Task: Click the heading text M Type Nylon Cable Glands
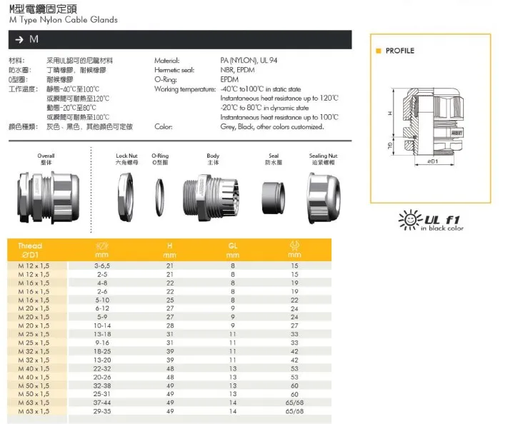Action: coord(64,20)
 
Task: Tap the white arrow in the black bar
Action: coord(19,39)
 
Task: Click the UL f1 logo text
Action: coord(440,219)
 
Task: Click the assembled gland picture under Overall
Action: coord(46,195)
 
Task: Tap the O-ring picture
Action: coord(160,193)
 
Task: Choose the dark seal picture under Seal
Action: coord(274,193)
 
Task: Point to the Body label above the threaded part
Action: coord(213,155)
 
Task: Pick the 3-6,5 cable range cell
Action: coord(101,265)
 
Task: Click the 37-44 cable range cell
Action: coord(101,402)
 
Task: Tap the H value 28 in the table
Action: coord(170,325)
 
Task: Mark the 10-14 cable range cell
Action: coord(101,325)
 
